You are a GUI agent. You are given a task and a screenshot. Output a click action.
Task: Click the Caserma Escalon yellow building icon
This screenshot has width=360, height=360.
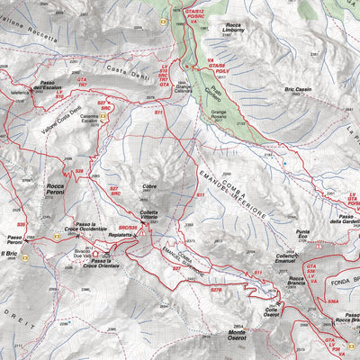click(105, 114)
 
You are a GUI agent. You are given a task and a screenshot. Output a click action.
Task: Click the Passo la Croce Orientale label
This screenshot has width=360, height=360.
click(102, 263)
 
